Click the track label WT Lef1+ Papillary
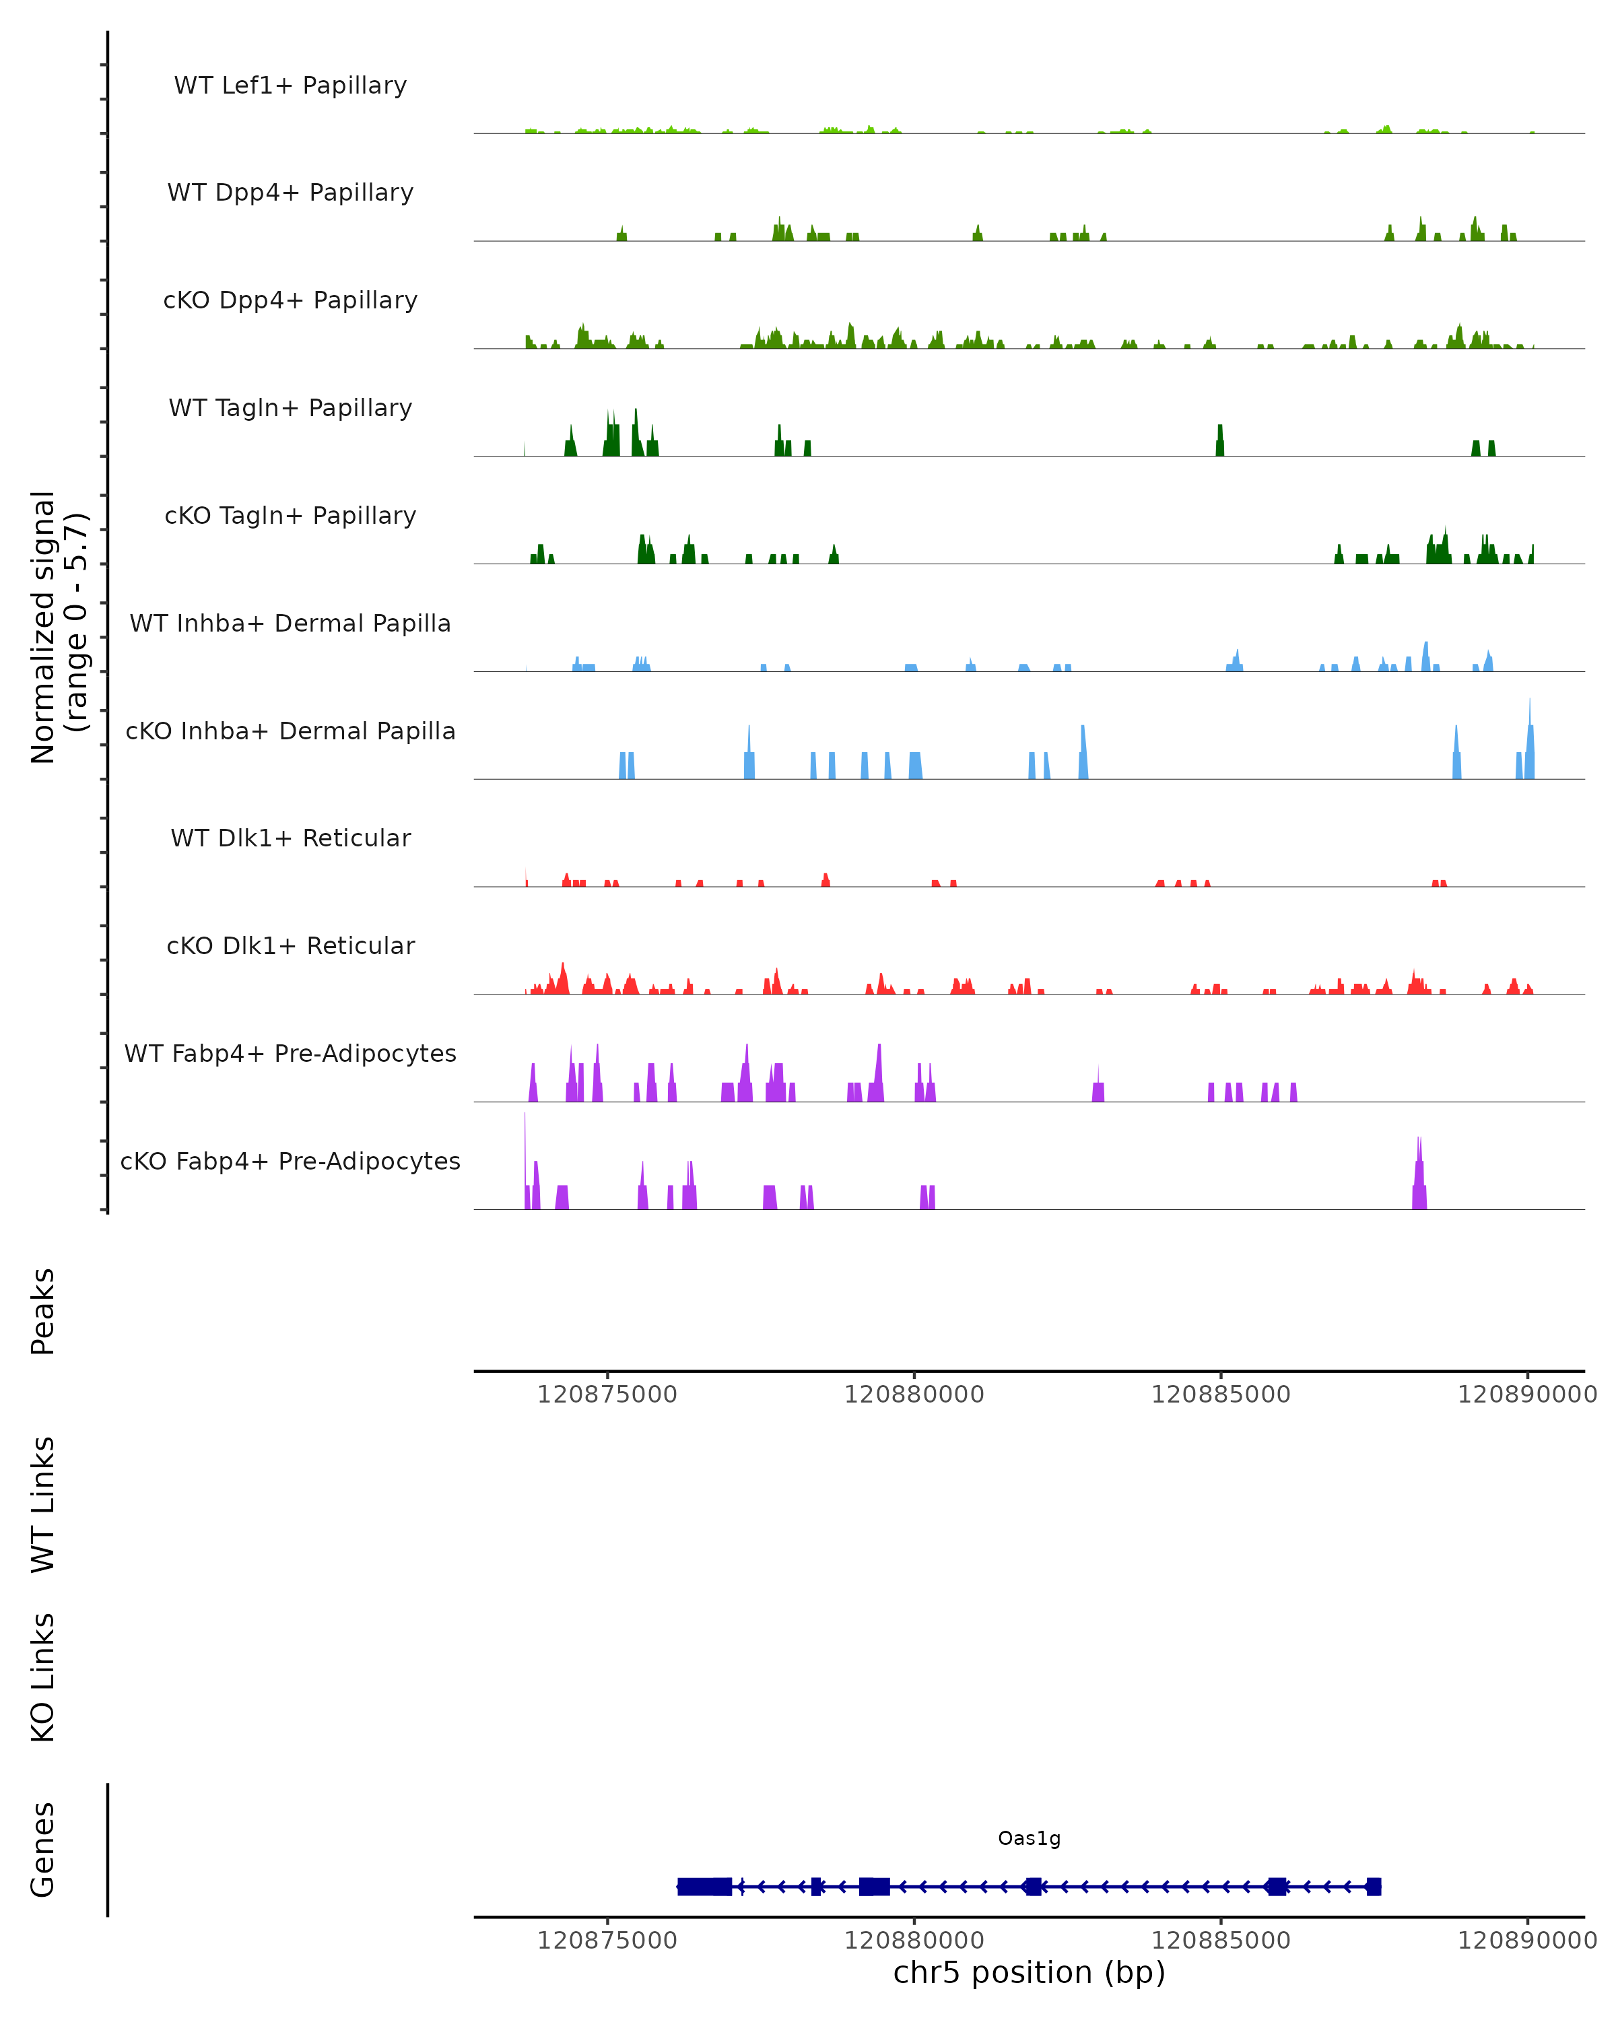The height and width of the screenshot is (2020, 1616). tap(290, 86)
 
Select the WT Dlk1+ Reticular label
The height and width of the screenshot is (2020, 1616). tap(290, 838)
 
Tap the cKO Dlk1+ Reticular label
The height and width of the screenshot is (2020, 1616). tap(290, 945)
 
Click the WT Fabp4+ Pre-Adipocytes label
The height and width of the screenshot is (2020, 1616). tap(290, 1053)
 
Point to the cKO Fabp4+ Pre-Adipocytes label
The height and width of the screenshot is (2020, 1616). tap(290, 1161)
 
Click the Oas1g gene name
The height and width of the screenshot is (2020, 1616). tap(1029, 1838)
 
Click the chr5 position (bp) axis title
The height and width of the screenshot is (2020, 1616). tap(1029, 1972)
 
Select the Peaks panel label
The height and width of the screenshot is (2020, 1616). tap(43, 1311)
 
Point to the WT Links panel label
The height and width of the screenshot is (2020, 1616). tap(43, 1504)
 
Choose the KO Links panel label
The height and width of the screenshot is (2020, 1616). tap(43, 1677)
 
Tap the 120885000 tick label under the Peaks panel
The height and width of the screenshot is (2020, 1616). tap(1219, 1394)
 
